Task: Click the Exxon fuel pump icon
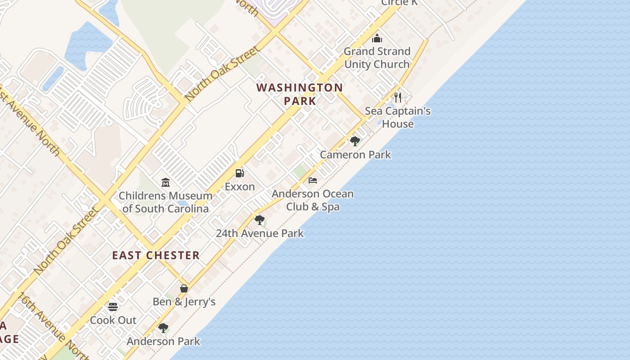pyautogui.click(x=240, y=173)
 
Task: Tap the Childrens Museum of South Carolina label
pyautogui.click(x=165, y=202)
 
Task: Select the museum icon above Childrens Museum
pyautogui.click(x=165, y=182)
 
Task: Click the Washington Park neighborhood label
pyautogui.click(x=300, y=94)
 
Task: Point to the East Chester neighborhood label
pyautogui.click(x=156, y=256)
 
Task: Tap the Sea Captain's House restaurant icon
pyautogui.click(x=398, y=98)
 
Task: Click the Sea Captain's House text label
pyautogui.click(x=398, y=117)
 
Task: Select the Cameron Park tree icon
pyautogui.click(x=355, y=141)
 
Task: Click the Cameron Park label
pyautogui.click(x=355, y=155)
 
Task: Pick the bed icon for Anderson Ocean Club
pyautogui.click(x=313, y=180)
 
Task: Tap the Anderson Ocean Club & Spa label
pyautogui.click(x=313, y=201)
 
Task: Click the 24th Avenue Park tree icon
pyautogui.click(x=259, y=220)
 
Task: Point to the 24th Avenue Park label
pyautogui.click(x=260, y=234)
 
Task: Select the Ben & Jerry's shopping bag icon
pyautogui.click(x=184, y=288)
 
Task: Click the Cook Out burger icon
pyautogui.click(x=113, y=307)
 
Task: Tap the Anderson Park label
pyautogui.click(x=163, y=342)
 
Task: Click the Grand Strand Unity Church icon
pyautogui.click(x=377, y=38)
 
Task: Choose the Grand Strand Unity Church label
pyautogui.click(x=377, y=58)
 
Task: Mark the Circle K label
pyautogui.click(x=399, y=3)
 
